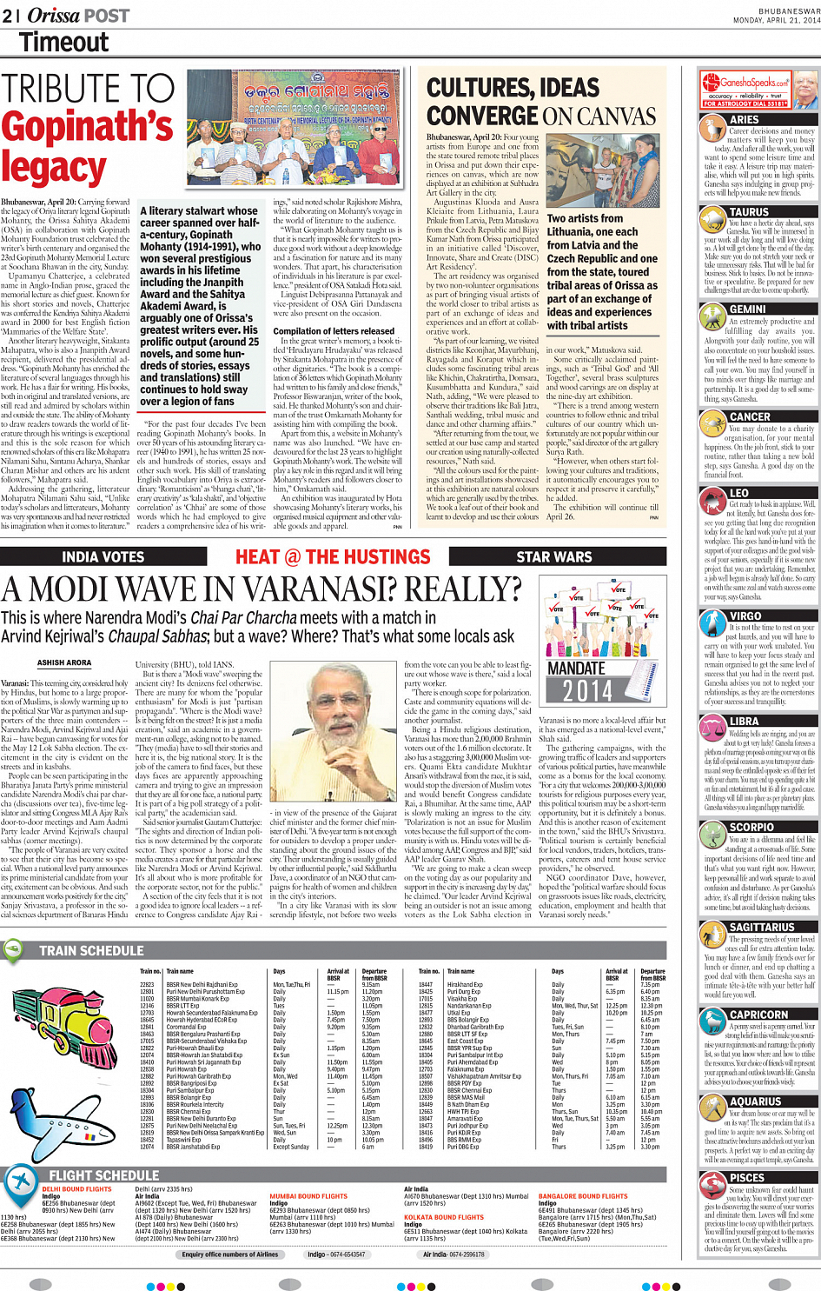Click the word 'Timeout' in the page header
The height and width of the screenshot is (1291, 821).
(x=63, y=42)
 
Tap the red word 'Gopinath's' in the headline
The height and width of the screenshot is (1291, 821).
(x=87, y=127)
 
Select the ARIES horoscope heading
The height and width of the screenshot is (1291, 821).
(x=744, y=119)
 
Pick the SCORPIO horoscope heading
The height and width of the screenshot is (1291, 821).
(x=751, y=827)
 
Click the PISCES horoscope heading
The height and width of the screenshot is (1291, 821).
(x=747, y=1177)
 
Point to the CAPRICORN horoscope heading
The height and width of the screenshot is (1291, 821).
(x=758, y=1015)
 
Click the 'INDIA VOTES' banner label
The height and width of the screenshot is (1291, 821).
(x=103, y=556)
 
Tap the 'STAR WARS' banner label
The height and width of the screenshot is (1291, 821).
(x=553, y=556)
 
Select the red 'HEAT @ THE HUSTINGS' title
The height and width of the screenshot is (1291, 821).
(x=333, y=556)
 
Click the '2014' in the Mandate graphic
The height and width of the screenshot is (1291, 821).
(x=587, y=691)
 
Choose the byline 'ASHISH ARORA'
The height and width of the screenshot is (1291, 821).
(x=63, y=662)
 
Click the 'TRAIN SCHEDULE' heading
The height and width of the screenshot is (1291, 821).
(x=91, y=950)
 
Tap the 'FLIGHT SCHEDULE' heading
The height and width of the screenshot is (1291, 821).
(x=103, y=1175)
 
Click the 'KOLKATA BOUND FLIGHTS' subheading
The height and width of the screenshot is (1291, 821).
(x=444, y=1217)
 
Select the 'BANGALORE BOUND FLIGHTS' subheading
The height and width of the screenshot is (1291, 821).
(x=582, y=1196)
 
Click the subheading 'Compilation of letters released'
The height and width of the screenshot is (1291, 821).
(x=333, y=331)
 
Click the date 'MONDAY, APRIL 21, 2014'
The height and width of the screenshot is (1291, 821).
(x=776, y=20)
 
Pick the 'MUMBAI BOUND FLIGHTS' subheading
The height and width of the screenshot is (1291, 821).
(x=308, y=1196)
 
